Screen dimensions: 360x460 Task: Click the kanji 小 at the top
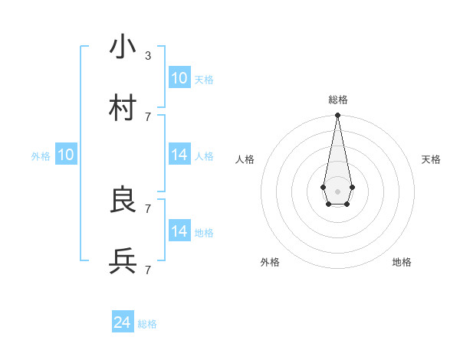[123, 47]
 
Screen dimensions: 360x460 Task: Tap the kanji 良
[123, 201]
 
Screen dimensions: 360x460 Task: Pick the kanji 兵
[123, 262]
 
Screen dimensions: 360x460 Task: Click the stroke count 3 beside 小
[148, 56]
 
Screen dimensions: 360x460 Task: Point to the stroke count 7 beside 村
[148, 116]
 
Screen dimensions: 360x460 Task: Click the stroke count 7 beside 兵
[148, 270]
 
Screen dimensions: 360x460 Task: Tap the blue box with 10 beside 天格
[179, 78]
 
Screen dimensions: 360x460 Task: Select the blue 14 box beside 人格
[179, 155]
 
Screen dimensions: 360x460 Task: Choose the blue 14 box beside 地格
[179, 231]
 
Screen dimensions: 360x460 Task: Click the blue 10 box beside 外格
[66, 155]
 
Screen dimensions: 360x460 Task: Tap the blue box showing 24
[122, 322]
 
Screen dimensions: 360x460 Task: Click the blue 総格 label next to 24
[147, 324]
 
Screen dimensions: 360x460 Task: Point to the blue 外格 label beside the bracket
[41, 156]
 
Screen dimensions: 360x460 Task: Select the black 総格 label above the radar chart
[338, 100]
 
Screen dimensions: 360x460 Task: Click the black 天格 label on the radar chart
[431, 159]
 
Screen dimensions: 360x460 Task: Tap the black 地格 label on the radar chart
[402, 262]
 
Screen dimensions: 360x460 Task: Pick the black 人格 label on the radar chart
[245, 159]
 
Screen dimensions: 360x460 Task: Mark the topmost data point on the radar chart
[337, 116]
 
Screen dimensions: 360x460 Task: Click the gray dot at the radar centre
[337, 191]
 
